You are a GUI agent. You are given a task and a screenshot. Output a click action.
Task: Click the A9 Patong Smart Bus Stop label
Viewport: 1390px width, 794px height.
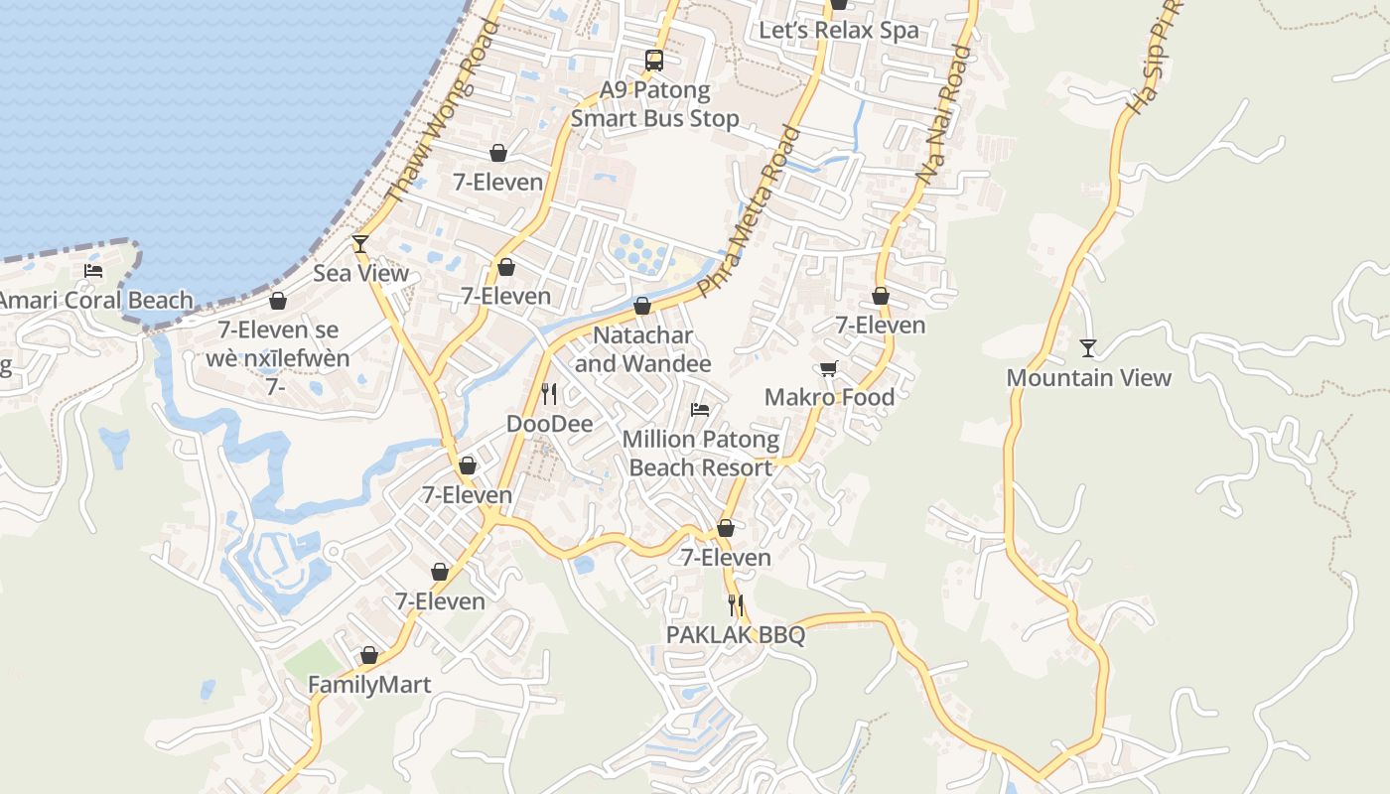click(x=654, y=104)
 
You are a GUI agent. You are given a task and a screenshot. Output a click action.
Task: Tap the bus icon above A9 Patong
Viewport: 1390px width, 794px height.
click(x=654, y=61)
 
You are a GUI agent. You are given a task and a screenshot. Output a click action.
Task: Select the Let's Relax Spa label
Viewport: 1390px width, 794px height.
click(x=839, y=30)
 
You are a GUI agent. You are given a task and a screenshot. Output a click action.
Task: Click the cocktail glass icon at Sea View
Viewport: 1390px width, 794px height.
click(x=360, y=244)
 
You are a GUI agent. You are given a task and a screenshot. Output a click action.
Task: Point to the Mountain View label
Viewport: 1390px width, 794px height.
click(x=1088, y=378)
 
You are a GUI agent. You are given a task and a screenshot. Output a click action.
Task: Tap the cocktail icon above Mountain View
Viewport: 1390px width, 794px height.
click(x=1088, y=348)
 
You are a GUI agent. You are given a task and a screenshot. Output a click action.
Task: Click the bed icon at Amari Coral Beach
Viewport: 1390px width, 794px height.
click(x=93, y=270)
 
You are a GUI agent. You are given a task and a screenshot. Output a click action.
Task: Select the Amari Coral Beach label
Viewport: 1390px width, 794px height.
click(x=96, y=300)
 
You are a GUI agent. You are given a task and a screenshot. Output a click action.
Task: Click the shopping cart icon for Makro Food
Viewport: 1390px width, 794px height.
click(x=829, y=368)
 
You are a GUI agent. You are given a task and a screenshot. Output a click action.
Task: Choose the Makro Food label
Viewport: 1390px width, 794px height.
click(x=829, y=397)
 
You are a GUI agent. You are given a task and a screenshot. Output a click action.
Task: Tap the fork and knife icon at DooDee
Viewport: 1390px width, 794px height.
click(x=549, y=394)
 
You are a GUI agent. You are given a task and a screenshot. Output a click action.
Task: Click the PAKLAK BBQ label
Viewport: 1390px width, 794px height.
click(x=735, y=635)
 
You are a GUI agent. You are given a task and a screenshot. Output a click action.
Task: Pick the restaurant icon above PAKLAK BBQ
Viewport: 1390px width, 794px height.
click(x=735, y=604)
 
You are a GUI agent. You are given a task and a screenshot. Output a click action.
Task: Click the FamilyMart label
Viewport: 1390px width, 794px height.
click(x=369, y=685)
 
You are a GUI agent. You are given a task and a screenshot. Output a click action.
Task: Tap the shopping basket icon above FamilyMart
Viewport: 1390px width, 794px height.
click(x=369, y=656)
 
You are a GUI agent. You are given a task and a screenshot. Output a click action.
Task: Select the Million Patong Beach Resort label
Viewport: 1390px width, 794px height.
click(x=701, y=454)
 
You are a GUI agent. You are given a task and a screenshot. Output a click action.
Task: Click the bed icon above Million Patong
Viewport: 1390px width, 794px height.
click(x=700, y=409)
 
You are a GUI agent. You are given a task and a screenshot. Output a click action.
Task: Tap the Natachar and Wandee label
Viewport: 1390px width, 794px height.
click(x=642, y=349)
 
